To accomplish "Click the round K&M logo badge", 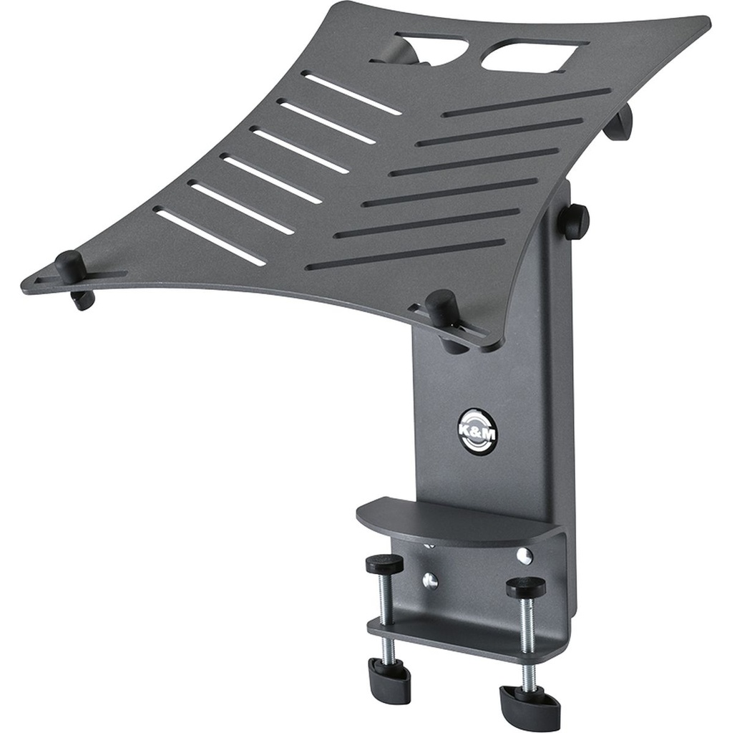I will (x=475, y=429).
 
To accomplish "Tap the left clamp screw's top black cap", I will (x=384, y=564).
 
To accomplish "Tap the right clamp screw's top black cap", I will (x=525, y=587).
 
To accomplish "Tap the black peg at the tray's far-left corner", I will (x=69, y=267).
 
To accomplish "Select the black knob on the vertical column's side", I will (x=574, y=221).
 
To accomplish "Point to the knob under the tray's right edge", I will (x=618, y=122).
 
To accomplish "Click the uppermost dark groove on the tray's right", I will (x=526, y=102).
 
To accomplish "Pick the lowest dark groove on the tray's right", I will (x=405, y=254).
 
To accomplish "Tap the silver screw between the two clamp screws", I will (x=429, y=579).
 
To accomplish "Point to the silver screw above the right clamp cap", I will (x=524, y=555).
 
